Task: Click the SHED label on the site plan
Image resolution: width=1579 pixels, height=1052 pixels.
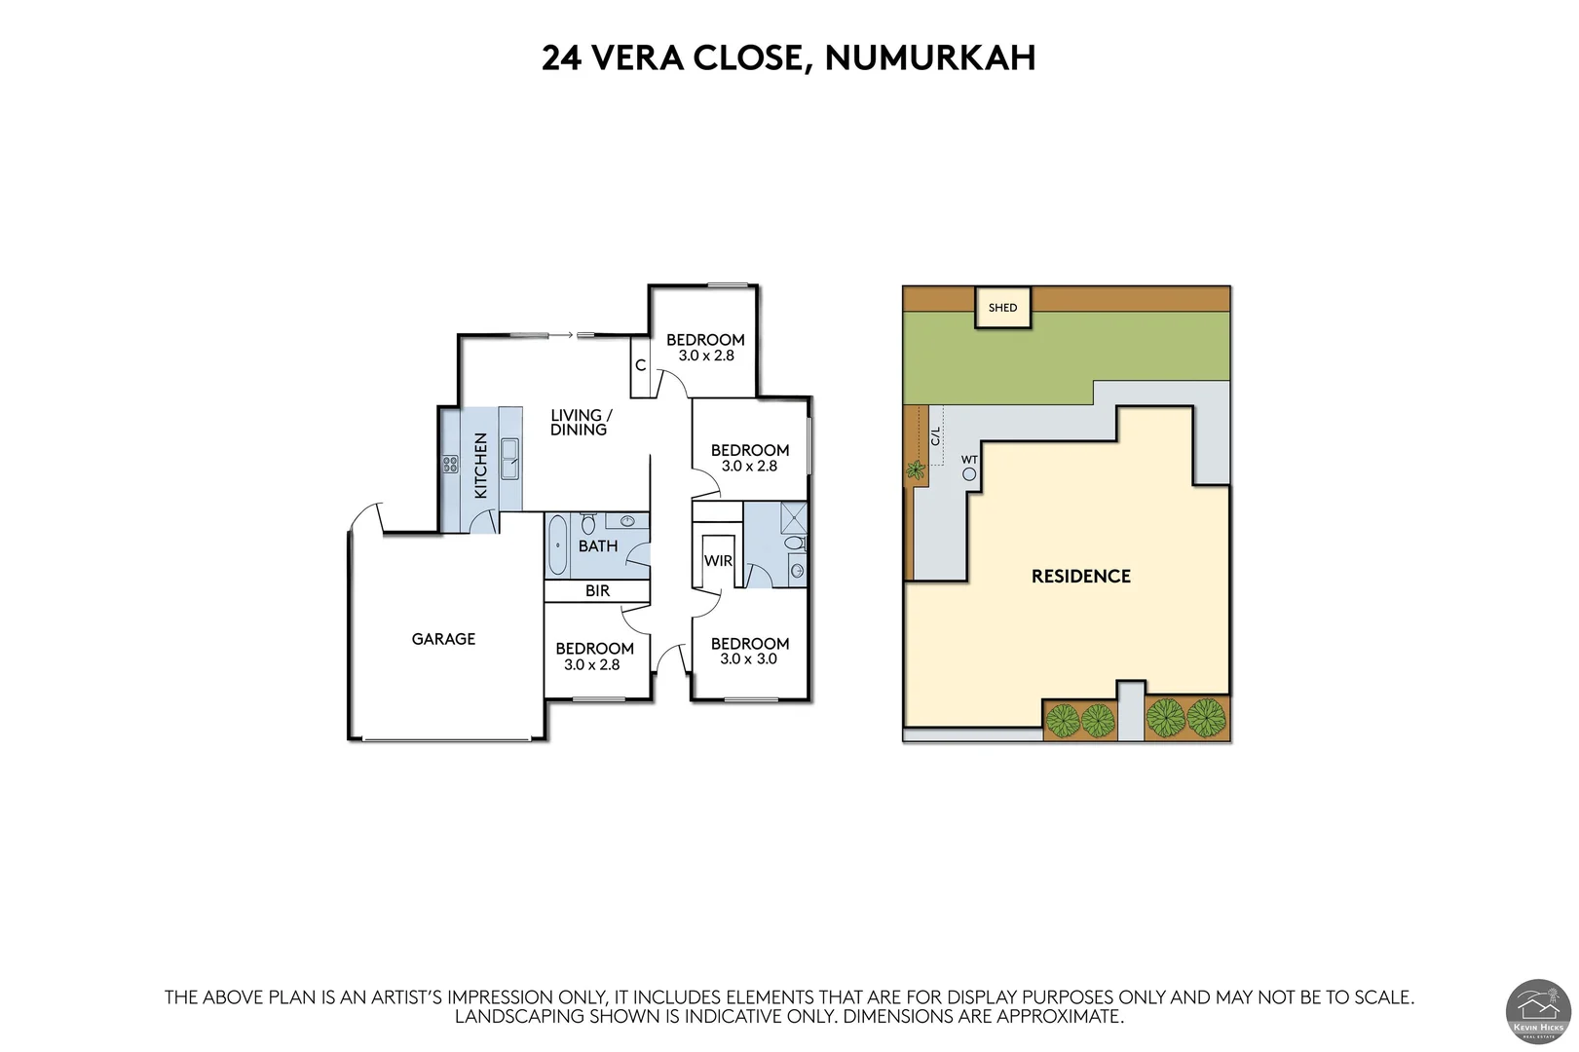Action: tap(1002, 308)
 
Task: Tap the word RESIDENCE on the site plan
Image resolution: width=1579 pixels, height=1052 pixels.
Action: tap(1080, 576)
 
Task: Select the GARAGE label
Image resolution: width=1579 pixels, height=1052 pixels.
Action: tap(443, 639)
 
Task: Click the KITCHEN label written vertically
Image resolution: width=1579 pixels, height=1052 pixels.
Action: tap(480, 466)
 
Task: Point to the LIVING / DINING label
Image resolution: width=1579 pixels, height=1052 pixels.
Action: tap(581, 422)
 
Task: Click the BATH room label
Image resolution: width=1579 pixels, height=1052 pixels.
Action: tap(597, 546)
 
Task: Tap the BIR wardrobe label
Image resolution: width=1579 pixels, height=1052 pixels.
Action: tap(597, 590)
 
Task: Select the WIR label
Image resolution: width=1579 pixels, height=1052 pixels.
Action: tap(718, 561)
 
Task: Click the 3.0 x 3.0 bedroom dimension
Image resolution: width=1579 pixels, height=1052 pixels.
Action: tap(748, 659)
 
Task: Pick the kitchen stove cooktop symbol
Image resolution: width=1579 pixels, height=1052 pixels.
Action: tap(450, 465)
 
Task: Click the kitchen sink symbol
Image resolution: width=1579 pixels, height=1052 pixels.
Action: tap(509, 458)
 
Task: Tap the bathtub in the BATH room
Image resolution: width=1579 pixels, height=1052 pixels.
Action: tap(557, 545)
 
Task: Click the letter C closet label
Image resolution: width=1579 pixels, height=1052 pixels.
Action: tap(641, 365)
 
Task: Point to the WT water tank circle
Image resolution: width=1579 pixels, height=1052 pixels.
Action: tap(969, 474)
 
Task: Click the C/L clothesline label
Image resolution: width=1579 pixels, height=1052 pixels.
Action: tap(936, 435)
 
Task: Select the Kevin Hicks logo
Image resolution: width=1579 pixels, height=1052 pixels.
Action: tap(1538, 1012)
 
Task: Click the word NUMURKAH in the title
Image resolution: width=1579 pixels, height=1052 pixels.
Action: tap(929, 57)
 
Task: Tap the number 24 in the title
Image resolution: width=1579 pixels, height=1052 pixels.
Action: tap(561, 57)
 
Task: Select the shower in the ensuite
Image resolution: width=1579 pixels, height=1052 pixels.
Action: tap(793, 515)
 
